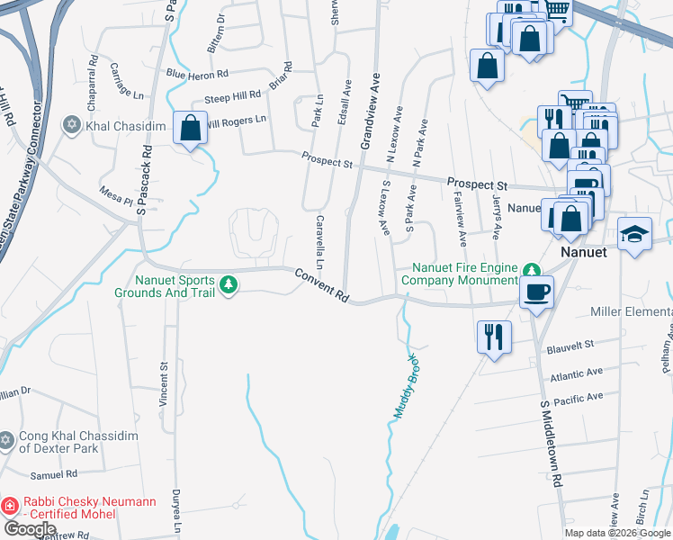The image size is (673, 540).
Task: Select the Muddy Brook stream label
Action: (407, 387)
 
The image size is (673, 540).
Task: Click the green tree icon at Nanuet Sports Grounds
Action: (229, 284)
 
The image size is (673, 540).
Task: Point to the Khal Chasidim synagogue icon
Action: (72, 126)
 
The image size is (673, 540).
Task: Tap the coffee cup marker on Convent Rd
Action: (537, 292)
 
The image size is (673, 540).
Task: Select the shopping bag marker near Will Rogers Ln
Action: (190, 127)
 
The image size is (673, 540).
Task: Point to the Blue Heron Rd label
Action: (197, 74)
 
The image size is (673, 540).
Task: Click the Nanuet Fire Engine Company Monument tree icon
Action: (532, 269)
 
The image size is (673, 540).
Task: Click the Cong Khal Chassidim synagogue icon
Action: (7, 440)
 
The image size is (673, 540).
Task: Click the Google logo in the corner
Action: (30, 529)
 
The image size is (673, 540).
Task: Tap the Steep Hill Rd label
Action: (232, 94)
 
